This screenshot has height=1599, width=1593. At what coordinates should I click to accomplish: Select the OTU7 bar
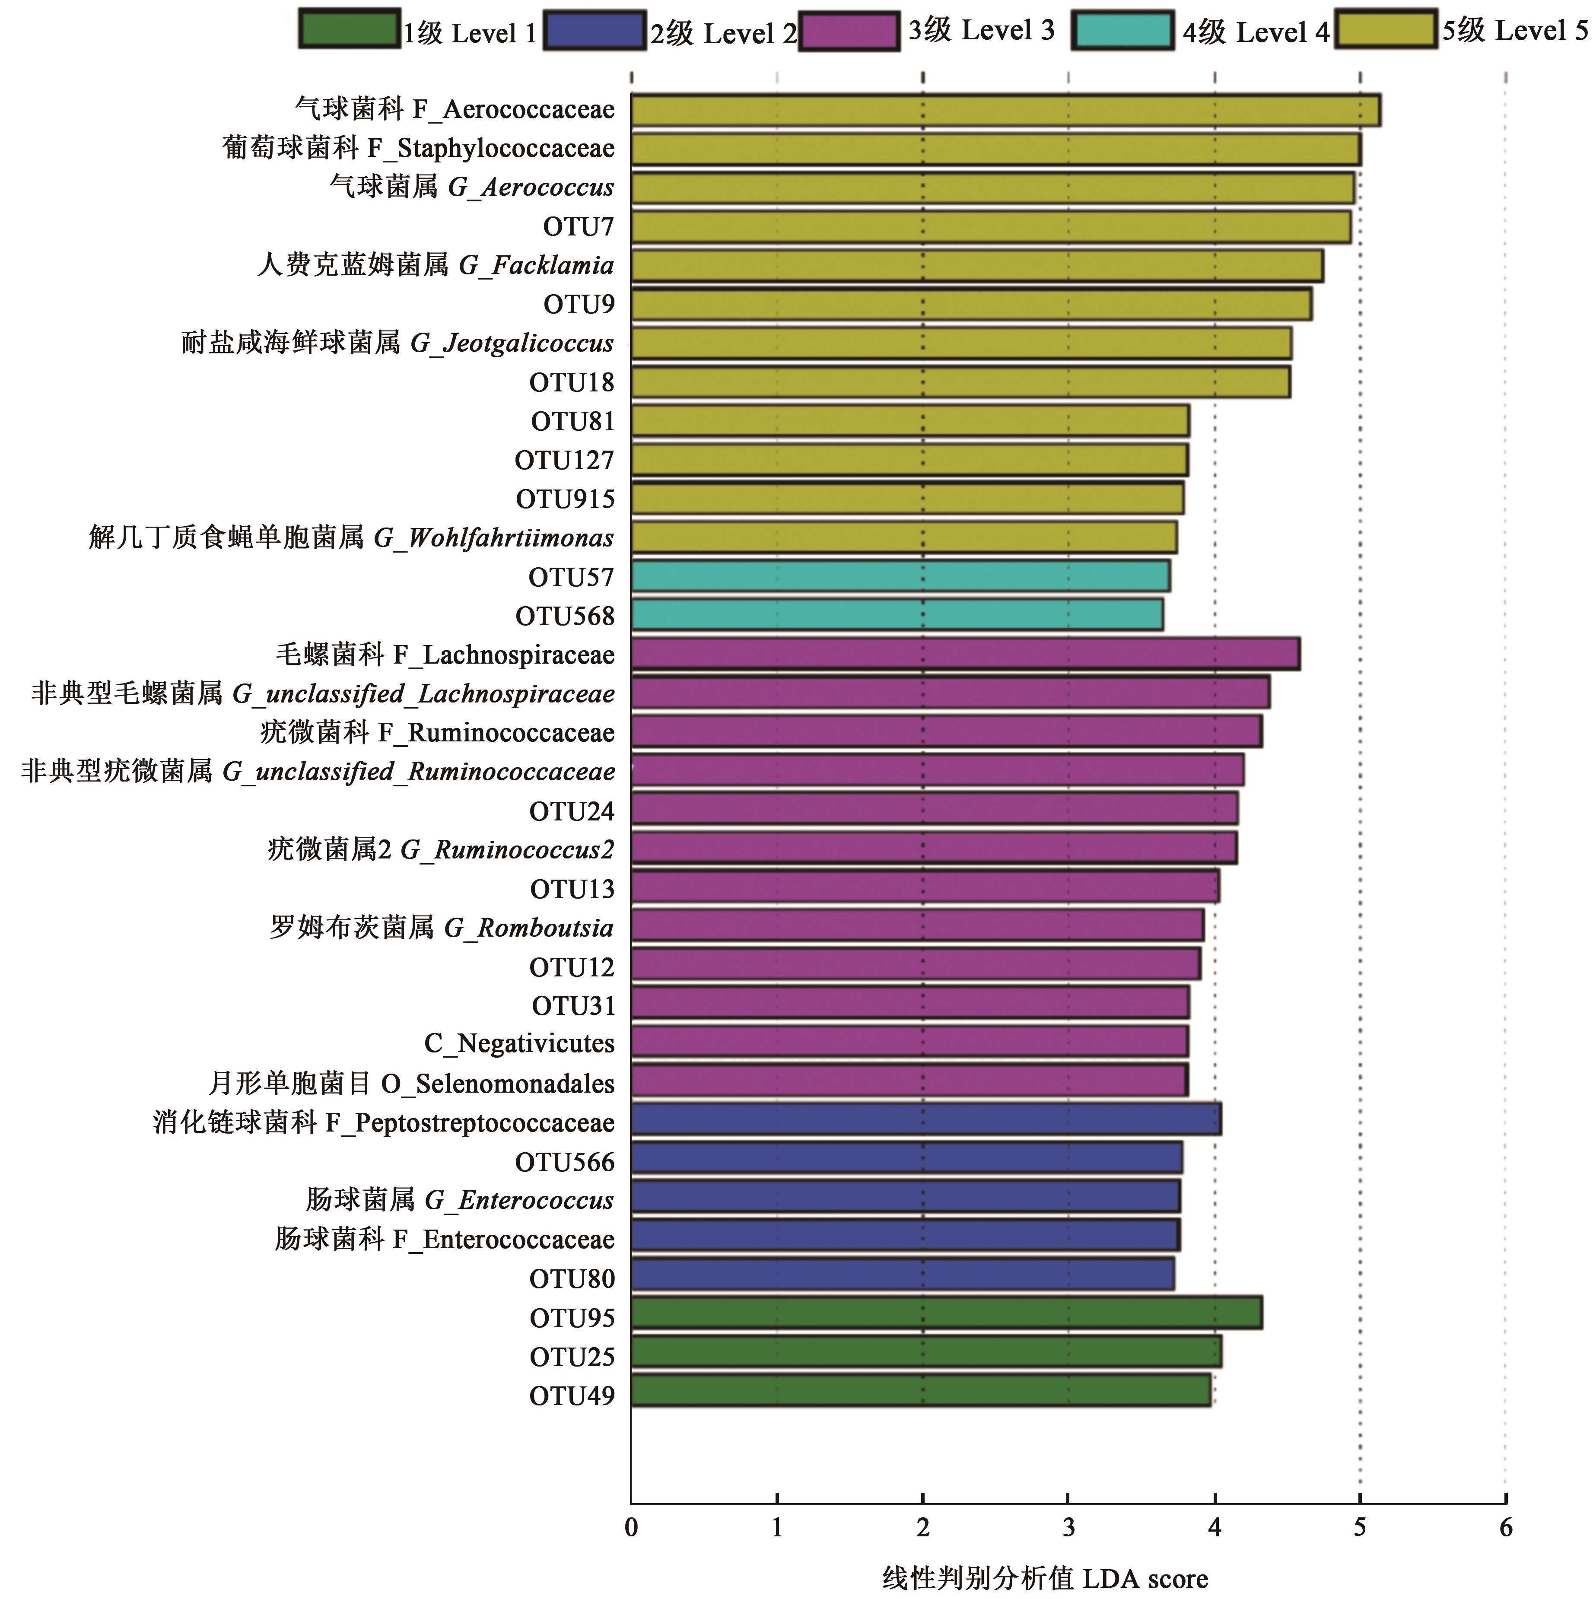991,227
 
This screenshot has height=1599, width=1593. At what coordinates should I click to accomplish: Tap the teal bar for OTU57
900,576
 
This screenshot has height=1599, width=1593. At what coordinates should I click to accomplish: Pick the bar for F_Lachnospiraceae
965,654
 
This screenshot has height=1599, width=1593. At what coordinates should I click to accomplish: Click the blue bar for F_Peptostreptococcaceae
925,1120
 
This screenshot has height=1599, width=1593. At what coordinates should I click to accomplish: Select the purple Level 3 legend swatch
849,32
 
